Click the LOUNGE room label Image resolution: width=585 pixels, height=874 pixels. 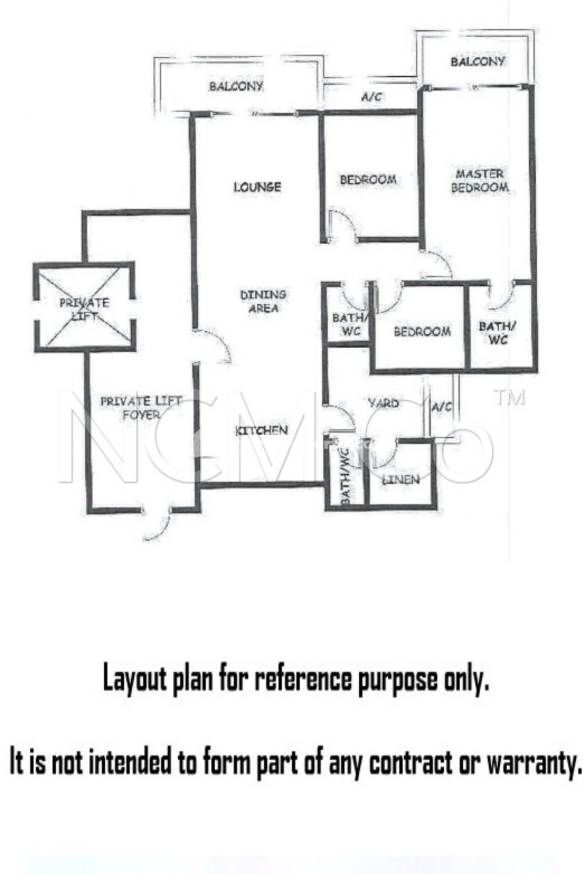(257, 187)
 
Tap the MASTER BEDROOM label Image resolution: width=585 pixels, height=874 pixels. (480, 181)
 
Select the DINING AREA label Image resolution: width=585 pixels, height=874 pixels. (263, 301)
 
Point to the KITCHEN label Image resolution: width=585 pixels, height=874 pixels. (262, 430)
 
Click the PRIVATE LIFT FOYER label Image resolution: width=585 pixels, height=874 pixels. (140, 408)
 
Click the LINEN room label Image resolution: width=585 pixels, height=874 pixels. (401, 480)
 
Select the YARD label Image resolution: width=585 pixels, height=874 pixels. (383, 403)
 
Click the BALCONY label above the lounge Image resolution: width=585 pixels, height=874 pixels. (236, 86)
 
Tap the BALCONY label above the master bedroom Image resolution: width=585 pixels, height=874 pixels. (477, 61)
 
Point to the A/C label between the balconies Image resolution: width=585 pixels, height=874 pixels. (371, 97)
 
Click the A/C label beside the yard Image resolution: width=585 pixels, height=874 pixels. (441, 407)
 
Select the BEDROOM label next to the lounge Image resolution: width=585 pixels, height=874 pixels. (368, 180)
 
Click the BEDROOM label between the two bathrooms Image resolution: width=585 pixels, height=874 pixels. (422, 331)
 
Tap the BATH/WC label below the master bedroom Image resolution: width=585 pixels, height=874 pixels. (497, 333)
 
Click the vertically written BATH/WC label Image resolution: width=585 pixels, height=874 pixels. (346, 477)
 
